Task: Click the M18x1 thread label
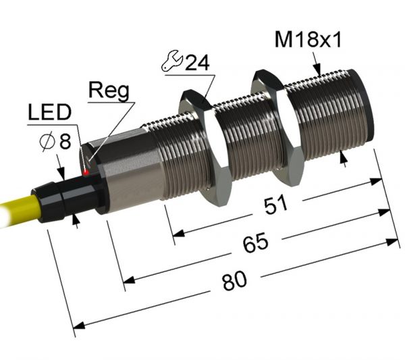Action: tap(308, 41)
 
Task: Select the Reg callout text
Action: tap(108, 91)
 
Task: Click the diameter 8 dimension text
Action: tap(55, 143)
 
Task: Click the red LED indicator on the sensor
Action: tap(86, 173)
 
